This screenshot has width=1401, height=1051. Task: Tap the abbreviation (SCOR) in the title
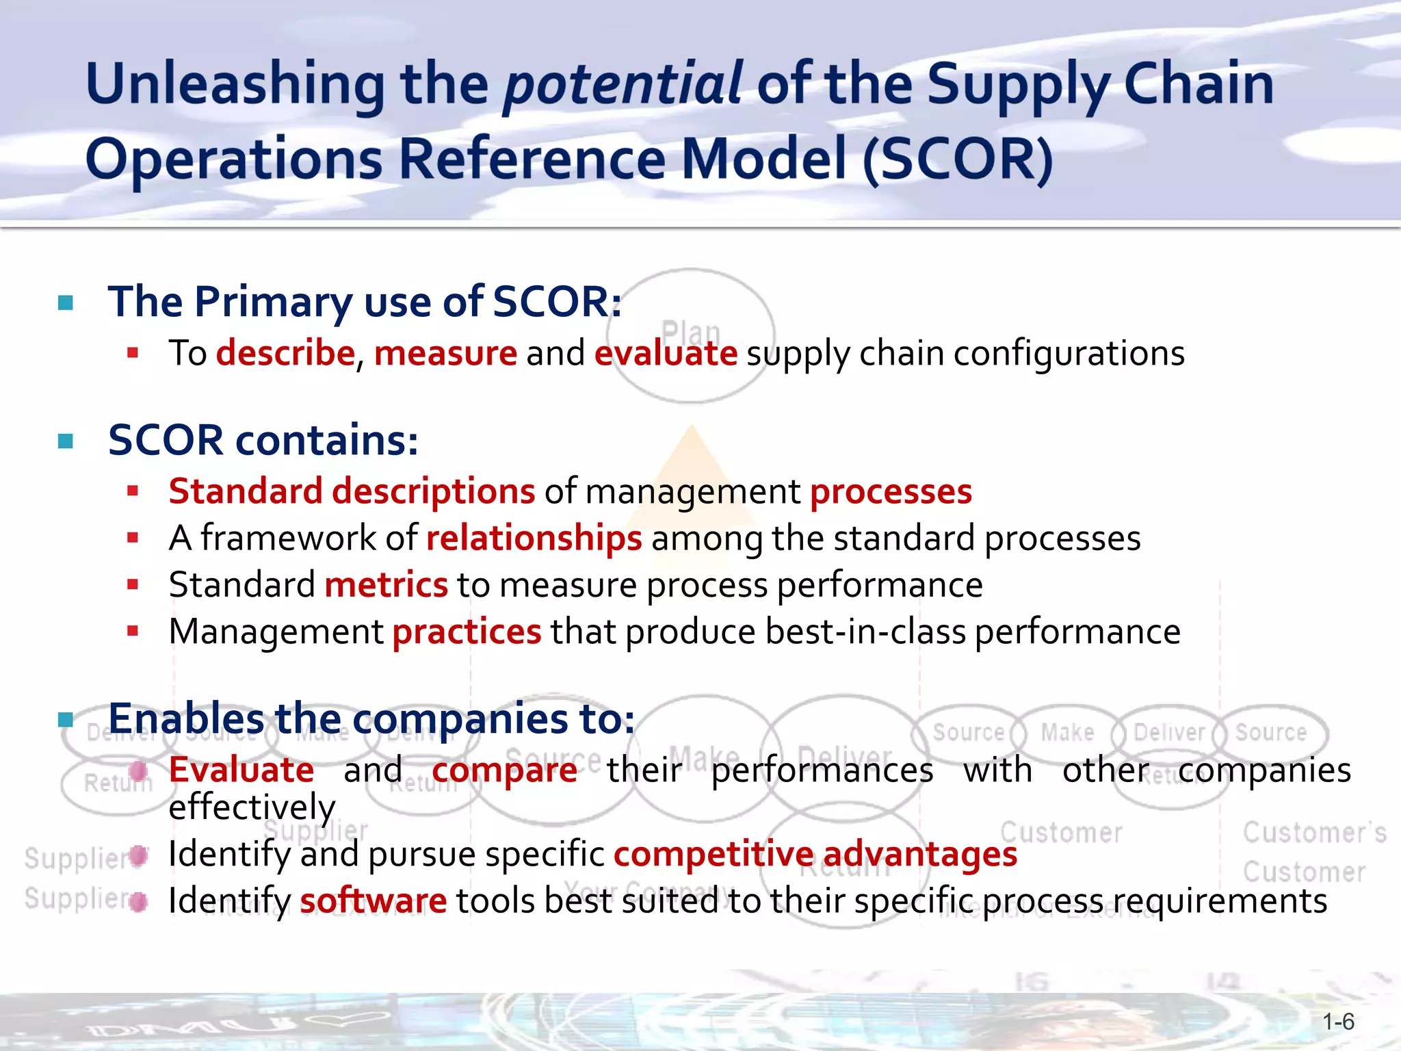(958, 159)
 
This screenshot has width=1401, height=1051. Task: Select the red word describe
(285, 354)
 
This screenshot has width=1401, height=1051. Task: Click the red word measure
(445, 354)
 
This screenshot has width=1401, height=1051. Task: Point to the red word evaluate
(666, 354)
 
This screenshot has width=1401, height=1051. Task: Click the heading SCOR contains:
(263, 440)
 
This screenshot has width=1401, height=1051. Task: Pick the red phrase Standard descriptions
(352, 492)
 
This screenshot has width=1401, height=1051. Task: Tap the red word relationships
(534, 539)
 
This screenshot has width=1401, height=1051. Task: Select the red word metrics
(386, 585)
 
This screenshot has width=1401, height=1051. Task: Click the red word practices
(467, 632)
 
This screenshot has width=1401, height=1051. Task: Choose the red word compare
(504, 770)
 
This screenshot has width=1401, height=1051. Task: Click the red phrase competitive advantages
(815, 854)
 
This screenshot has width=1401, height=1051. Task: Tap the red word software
(373, 900)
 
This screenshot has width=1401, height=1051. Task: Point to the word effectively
(252, 807)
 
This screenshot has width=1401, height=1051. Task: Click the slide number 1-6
(1338, 1022)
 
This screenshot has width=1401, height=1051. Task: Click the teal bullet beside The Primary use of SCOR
(66, 302)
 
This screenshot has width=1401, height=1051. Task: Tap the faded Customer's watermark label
(1314, 833)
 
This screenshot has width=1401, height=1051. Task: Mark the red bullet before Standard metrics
(133, 584)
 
